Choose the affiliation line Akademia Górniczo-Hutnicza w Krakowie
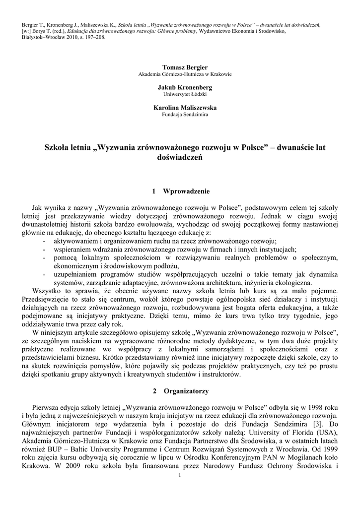coord(185,73)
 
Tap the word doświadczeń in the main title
coord(180,157)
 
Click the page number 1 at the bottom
coord(180,475)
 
